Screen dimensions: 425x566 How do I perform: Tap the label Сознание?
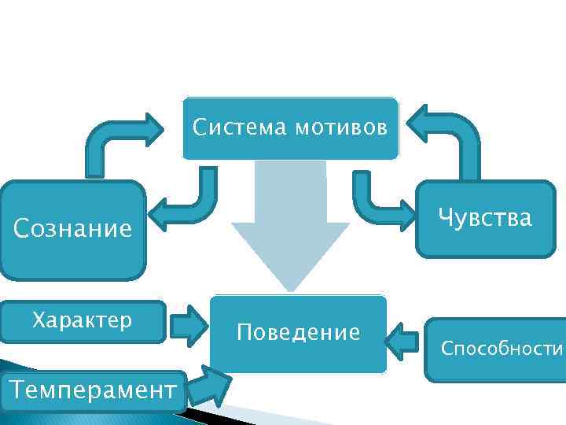pyautogui.click(x=73, y=230)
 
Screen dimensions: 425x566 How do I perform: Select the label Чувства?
pyautogui.click(x=485, y=217)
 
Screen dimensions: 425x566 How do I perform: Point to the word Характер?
pyautogui.click(x=82, y=321)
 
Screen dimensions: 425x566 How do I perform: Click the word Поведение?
pyautogui.click(x=299, y=333)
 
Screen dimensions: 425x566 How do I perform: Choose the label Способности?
pyautogui.click(x=502, y=348)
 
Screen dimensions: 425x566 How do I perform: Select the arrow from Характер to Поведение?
pyautogui.click(x=188, y=325)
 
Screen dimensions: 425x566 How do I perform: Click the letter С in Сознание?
pyautogui.click(x=22, y=230)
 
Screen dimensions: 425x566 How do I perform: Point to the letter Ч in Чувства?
pyautogui.click(x=447, y=217)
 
